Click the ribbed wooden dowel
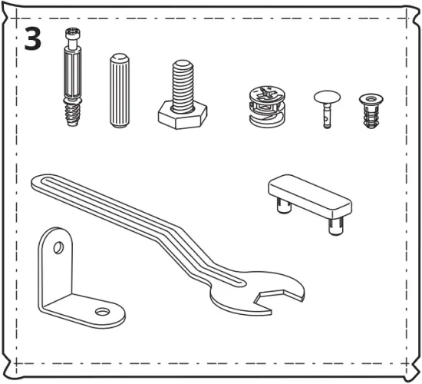(120, 91)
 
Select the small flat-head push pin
(326, 108)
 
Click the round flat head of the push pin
(326, 97)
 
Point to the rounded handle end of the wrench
(42, 183)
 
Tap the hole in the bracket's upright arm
(57, 249)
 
